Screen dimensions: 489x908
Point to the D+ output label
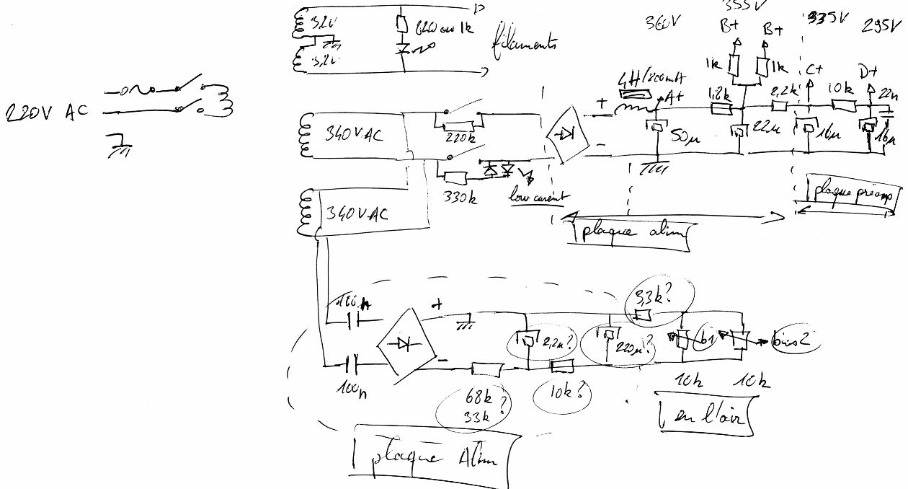tap(868, 73)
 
